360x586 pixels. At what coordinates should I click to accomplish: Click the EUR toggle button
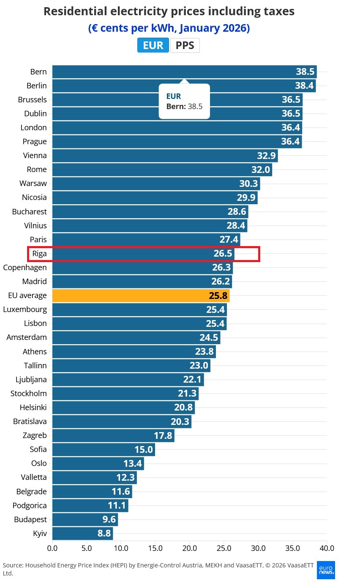click(153, 45)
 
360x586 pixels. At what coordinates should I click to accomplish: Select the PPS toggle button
click(185, 45)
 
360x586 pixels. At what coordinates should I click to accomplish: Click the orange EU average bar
click(141, 296)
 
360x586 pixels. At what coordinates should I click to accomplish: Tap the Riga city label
click(39, 254)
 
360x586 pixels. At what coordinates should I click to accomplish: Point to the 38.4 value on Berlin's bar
click(304, 86)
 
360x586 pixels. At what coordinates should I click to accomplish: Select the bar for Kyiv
click(82, 533)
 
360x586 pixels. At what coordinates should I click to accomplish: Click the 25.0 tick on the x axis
click(224, 548)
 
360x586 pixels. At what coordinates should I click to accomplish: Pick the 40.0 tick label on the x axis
click(327, 548)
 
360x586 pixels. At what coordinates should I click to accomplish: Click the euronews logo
click(326, 570)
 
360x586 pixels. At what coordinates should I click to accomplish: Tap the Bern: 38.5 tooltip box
click(184, 101)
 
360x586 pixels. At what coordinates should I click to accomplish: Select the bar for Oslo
click(98, 463)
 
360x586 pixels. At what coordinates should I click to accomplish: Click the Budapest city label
click(30, 519)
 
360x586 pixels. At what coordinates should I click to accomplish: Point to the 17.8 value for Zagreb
click(163, 435)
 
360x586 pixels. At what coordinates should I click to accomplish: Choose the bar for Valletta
click(94, 477)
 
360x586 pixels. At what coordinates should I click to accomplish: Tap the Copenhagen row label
click(25, 268)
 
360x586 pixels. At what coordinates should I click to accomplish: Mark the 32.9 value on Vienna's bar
click(267, 156)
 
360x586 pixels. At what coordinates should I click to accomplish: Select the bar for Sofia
click(104, 449)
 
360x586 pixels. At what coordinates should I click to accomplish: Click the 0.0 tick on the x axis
click(52, 548)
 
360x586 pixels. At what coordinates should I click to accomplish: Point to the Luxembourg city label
click(25, 309)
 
